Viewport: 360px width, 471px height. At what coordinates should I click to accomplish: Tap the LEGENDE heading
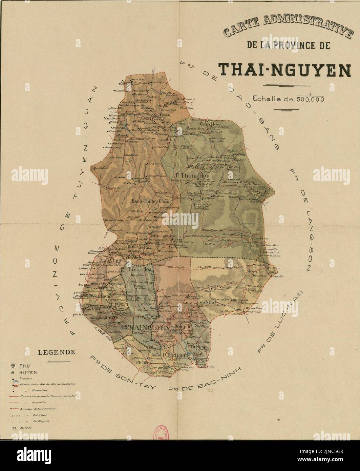click(x=57, y=352)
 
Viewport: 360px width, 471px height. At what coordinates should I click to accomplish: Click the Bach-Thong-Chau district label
click(x=150, y=201)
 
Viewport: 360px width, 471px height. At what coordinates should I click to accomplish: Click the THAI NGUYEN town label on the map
click(x=147, y=328)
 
